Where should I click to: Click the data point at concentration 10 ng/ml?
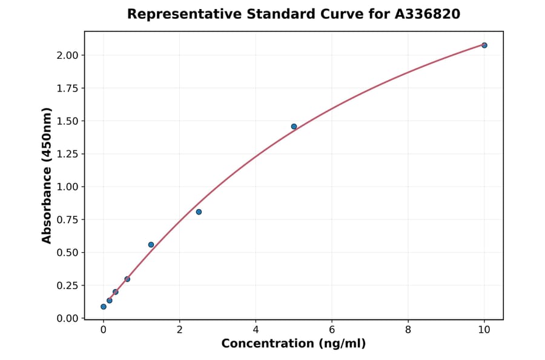point(484,45)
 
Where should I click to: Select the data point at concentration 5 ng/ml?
point(294,127)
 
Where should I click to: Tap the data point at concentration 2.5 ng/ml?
point(199,212)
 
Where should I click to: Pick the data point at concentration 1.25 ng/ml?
point(151,245)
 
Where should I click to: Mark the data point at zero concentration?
point(104,307)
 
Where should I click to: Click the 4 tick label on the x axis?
point(256,330)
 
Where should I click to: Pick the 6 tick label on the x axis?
point(332,330)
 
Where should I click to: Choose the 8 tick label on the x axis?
point(408,330)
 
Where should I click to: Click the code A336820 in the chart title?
point(428,14)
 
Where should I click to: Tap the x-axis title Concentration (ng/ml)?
point(294,344)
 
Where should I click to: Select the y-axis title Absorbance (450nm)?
point(47,175)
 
